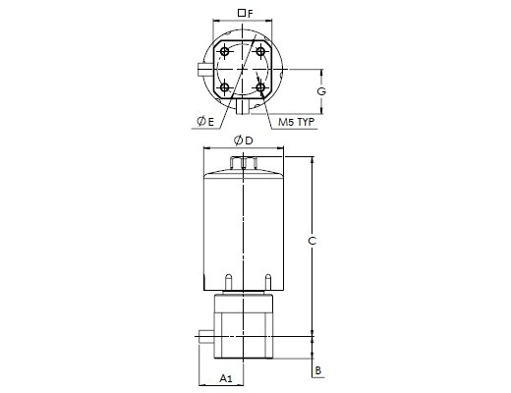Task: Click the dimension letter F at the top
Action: click(251, 14)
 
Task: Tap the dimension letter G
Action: click(321, 91)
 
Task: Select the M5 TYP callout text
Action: click(296, 122)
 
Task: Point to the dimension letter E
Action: click(210, 122)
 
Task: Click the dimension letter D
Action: click(249, 140)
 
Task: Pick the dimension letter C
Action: click(312, 241)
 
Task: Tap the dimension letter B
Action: click(318, 370)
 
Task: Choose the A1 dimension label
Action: click(226, 378)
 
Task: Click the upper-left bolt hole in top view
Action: click(225, 51)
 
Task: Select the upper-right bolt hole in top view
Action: click(260, 51)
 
